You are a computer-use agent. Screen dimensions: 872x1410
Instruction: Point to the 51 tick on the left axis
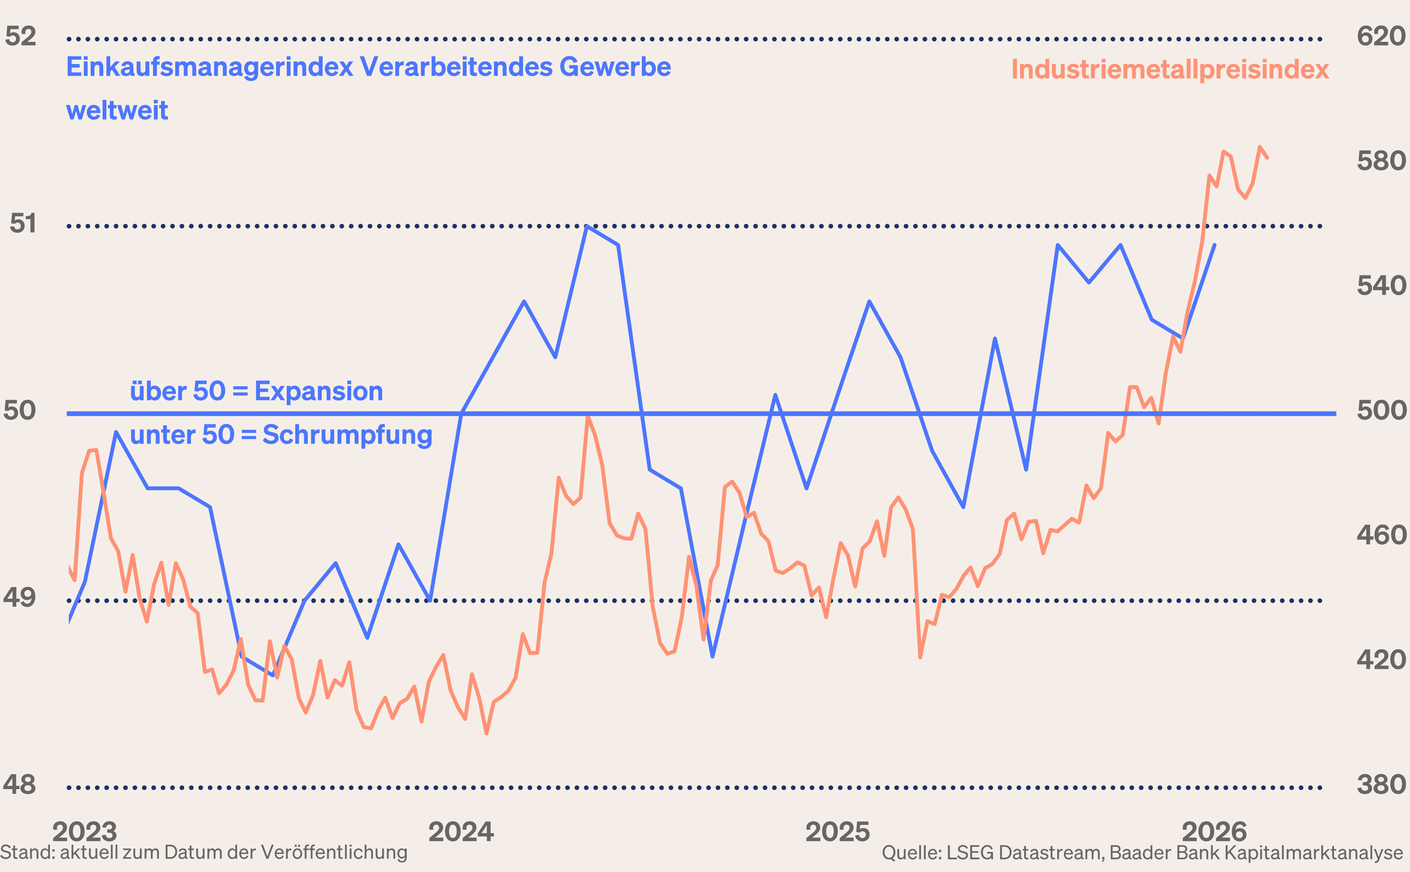23,224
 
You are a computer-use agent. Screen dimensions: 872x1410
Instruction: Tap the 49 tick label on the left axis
19,597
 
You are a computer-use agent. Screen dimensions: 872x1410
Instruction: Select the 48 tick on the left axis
19,785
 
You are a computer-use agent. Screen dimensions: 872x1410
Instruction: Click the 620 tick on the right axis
1381,36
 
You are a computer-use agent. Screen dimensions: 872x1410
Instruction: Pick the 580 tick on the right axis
1381,161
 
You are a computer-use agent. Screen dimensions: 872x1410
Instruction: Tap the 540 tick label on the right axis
1381,286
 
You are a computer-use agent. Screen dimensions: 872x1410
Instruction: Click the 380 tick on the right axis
1381,785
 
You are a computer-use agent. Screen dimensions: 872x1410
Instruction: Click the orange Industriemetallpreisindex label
1169,70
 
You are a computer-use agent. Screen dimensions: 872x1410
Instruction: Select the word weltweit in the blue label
117,111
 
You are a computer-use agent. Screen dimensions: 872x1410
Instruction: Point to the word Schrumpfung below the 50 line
347,436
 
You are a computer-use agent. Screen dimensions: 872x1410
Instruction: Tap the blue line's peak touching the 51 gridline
587,227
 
